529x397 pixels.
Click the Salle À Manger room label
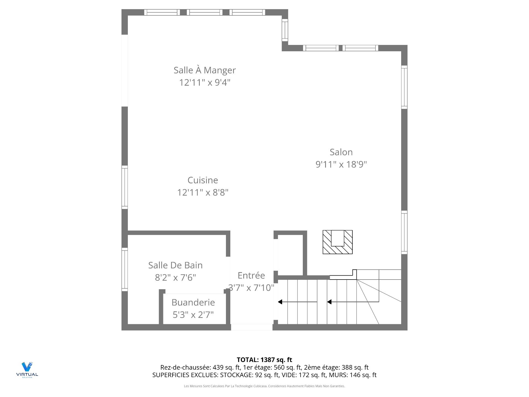click(204, 70)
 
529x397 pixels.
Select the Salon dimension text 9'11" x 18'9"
click(341, 165)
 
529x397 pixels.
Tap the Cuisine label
click(203, 180)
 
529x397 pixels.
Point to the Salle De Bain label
click(176, 265)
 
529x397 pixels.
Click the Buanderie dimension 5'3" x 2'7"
click(193, 315)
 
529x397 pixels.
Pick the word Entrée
click(251, 275)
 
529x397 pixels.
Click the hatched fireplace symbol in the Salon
click(338, 242)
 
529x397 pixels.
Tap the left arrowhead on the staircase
click(280, 302)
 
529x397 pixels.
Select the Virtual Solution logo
click(27, 370)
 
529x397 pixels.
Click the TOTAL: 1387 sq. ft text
click(264, 360)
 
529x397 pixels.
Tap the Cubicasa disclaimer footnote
click(264, 386)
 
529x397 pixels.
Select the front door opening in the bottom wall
click(252, 327)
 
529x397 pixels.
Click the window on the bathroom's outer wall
click(125, 269)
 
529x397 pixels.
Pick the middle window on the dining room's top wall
click(204, 12)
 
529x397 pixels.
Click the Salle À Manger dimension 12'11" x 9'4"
click(204, 82)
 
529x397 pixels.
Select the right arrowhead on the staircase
click(329, 302)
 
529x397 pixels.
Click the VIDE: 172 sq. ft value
click(312, 375)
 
